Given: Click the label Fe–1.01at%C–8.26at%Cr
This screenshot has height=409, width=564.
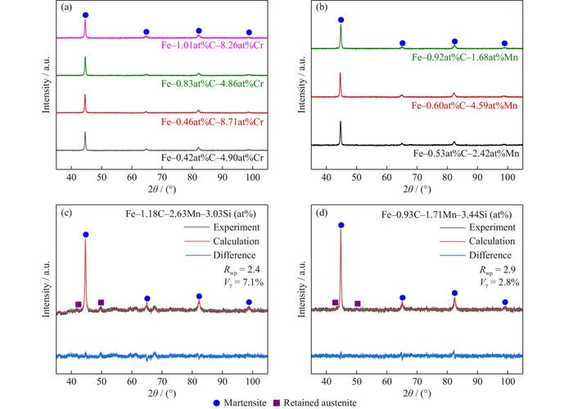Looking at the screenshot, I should tap(206, 47).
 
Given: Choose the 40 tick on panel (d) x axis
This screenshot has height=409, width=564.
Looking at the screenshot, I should tap(327, 379).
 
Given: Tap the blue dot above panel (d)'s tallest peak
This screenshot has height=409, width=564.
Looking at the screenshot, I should tap(341, 225).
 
